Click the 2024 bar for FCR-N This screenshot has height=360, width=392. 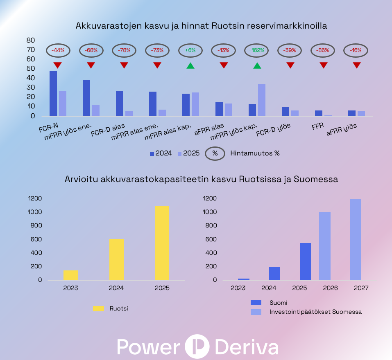pos(53,94)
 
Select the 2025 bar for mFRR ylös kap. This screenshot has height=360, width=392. pos(262,100)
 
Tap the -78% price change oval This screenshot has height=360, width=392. pos(125,50)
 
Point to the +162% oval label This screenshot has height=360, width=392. pos(257,50)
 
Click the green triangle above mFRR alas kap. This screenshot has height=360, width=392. pos(190,65)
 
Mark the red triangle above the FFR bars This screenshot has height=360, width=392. pos(324,65)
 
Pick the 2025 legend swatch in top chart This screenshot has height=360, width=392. pos(179,154)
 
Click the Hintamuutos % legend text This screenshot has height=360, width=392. pos(255,154)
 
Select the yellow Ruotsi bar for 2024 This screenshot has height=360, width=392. pos(116,259)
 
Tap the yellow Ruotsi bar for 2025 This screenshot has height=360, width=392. pos(162,243)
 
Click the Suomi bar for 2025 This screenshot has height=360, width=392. pos(305,261)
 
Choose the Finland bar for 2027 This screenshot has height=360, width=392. pos(356,239)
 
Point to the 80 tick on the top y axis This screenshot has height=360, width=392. pos(30,40)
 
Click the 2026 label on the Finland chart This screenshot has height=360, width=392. pos(330,288)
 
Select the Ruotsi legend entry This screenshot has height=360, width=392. pos(118,309)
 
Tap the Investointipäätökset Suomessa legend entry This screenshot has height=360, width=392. pos(315,312)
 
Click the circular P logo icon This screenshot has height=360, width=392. pos(197,346)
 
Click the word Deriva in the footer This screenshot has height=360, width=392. pos(247,346)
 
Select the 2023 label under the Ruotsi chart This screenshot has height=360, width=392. pos(70,288)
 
